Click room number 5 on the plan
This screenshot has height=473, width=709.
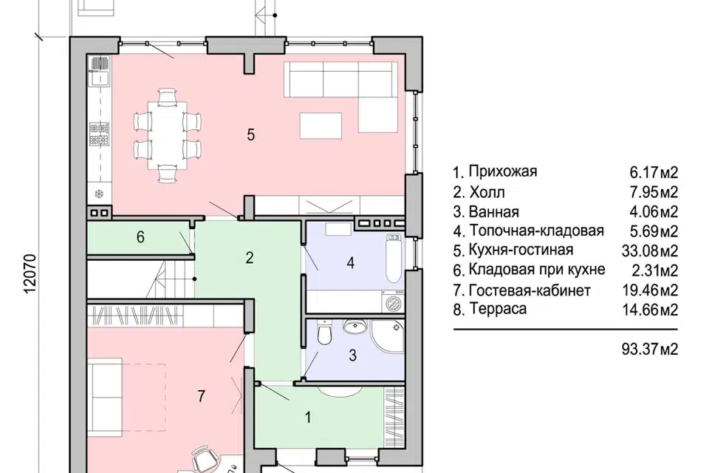pos(250,135)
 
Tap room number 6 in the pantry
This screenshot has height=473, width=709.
pos(140,237)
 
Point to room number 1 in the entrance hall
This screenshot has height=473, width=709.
pos(307,417)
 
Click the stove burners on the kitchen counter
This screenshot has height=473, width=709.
pos(98,133)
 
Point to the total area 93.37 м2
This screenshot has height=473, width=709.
pos(649,348)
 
